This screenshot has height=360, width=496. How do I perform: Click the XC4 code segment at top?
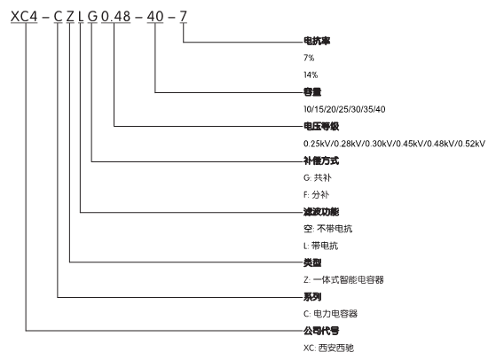(x=24, y=17)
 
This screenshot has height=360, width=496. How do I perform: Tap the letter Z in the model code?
(x=70, y=17)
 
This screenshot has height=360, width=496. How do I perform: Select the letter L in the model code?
(x=81, y=17)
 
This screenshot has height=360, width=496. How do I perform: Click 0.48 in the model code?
(x=115, y=17)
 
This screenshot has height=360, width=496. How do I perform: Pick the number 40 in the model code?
(x=155, y=17)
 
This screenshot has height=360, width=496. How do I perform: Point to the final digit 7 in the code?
(x=183, y=17)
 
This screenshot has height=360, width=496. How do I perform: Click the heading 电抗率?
(x=317, y=41)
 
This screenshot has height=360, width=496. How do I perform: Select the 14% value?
(x=311, y=74)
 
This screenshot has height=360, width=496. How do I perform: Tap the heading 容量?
(x=312, y=92)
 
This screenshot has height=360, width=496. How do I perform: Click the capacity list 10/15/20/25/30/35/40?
(x=344, y=109)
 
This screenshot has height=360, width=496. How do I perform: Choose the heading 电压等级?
(x=321, y=127)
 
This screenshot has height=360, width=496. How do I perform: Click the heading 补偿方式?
(x=321, y=160)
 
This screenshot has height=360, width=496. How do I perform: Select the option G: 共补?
(x=318, y=177)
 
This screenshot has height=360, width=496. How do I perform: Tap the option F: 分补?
(x=317, y=195)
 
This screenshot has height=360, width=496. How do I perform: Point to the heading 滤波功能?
(x=321, y=212)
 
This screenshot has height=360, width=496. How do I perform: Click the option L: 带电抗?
(x=320, y=246)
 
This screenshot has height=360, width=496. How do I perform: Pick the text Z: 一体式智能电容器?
(x=343, y=279)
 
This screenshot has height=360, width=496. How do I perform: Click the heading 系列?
(x=312, y=297)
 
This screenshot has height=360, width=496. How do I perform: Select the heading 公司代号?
(x=321, y=331)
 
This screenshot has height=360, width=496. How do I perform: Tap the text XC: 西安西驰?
(x=328, y=348)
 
